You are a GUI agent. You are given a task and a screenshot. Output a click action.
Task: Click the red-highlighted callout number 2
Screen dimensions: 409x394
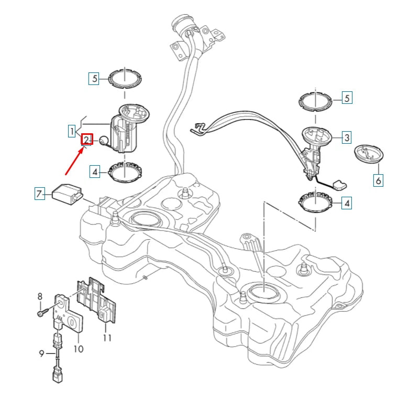pyautogui.click(x=86, y=139)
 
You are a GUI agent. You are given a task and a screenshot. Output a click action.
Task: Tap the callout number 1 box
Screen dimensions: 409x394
pyautogui.click(x=72, y=131)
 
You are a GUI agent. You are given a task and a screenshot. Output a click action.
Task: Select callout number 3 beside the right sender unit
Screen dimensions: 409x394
pyautogui.click(x=347, y=137)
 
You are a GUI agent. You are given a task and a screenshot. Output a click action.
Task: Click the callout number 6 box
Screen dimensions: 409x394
pyautogui.click(x=378, y=180)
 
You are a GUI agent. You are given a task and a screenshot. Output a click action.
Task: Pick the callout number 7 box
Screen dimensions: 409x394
pyautogui.click(x=40, y=194)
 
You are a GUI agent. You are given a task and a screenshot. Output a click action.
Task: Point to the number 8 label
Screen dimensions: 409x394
pyautogui.click(x=40, y=296)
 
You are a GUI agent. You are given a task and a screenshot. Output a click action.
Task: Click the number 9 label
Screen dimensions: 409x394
pyautogui.click(x=42, y=354)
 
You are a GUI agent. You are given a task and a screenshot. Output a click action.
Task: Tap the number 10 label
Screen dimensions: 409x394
pyautogui.click(x=78, y=349)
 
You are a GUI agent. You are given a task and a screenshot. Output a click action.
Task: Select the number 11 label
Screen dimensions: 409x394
pyautogui.click(x=107, y=338)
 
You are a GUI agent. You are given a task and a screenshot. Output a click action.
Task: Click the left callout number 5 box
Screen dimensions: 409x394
pyautogui.click(x=94, y=78)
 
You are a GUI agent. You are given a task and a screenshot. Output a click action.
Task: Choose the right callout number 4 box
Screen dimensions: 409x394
pyautogui.click(x=347, y=203)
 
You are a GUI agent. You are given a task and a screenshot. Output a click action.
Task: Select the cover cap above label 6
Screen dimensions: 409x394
pyautogui.click(x=369, y=154)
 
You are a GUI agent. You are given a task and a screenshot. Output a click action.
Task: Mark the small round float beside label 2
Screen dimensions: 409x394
pyautogui.click(x=104, y=141)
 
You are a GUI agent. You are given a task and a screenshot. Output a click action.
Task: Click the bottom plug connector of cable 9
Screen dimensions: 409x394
pyautogui.click(x=58, y=376)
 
